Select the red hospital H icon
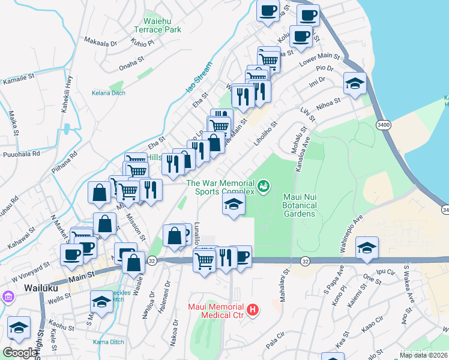tap(253, 310)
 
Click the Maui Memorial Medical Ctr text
tap(214, 310)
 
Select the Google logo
tap(20, 353)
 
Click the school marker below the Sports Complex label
tap(234, 204)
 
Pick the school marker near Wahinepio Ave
tap(366, 247)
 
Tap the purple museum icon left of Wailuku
tap(8, 296)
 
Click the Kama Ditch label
tap(109, 342)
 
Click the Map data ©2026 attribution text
tap(423, 355)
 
